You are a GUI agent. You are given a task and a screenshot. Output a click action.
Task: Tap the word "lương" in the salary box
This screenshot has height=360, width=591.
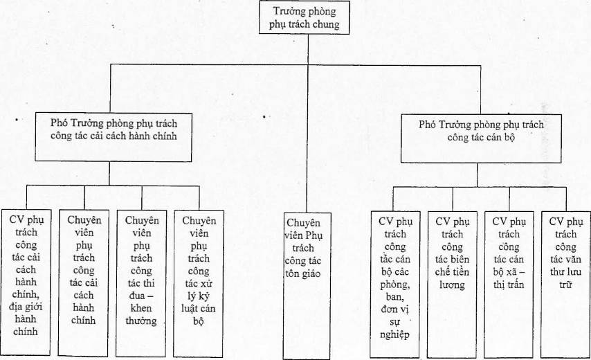(x=452, y=285)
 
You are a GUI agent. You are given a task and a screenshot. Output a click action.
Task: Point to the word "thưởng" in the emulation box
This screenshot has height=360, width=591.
(x=141, y=321)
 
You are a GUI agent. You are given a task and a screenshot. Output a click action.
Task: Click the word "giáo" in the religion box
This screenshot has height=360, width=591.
(x=310, y=273)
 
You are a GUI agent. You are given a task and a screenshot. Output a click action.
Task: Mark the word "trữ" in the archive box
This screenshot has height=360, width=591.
(x=565, y=285)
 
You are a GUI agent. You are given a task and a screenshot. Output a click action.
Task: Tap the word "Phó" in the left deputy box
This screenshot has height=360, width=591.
(x=59, y=123)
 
